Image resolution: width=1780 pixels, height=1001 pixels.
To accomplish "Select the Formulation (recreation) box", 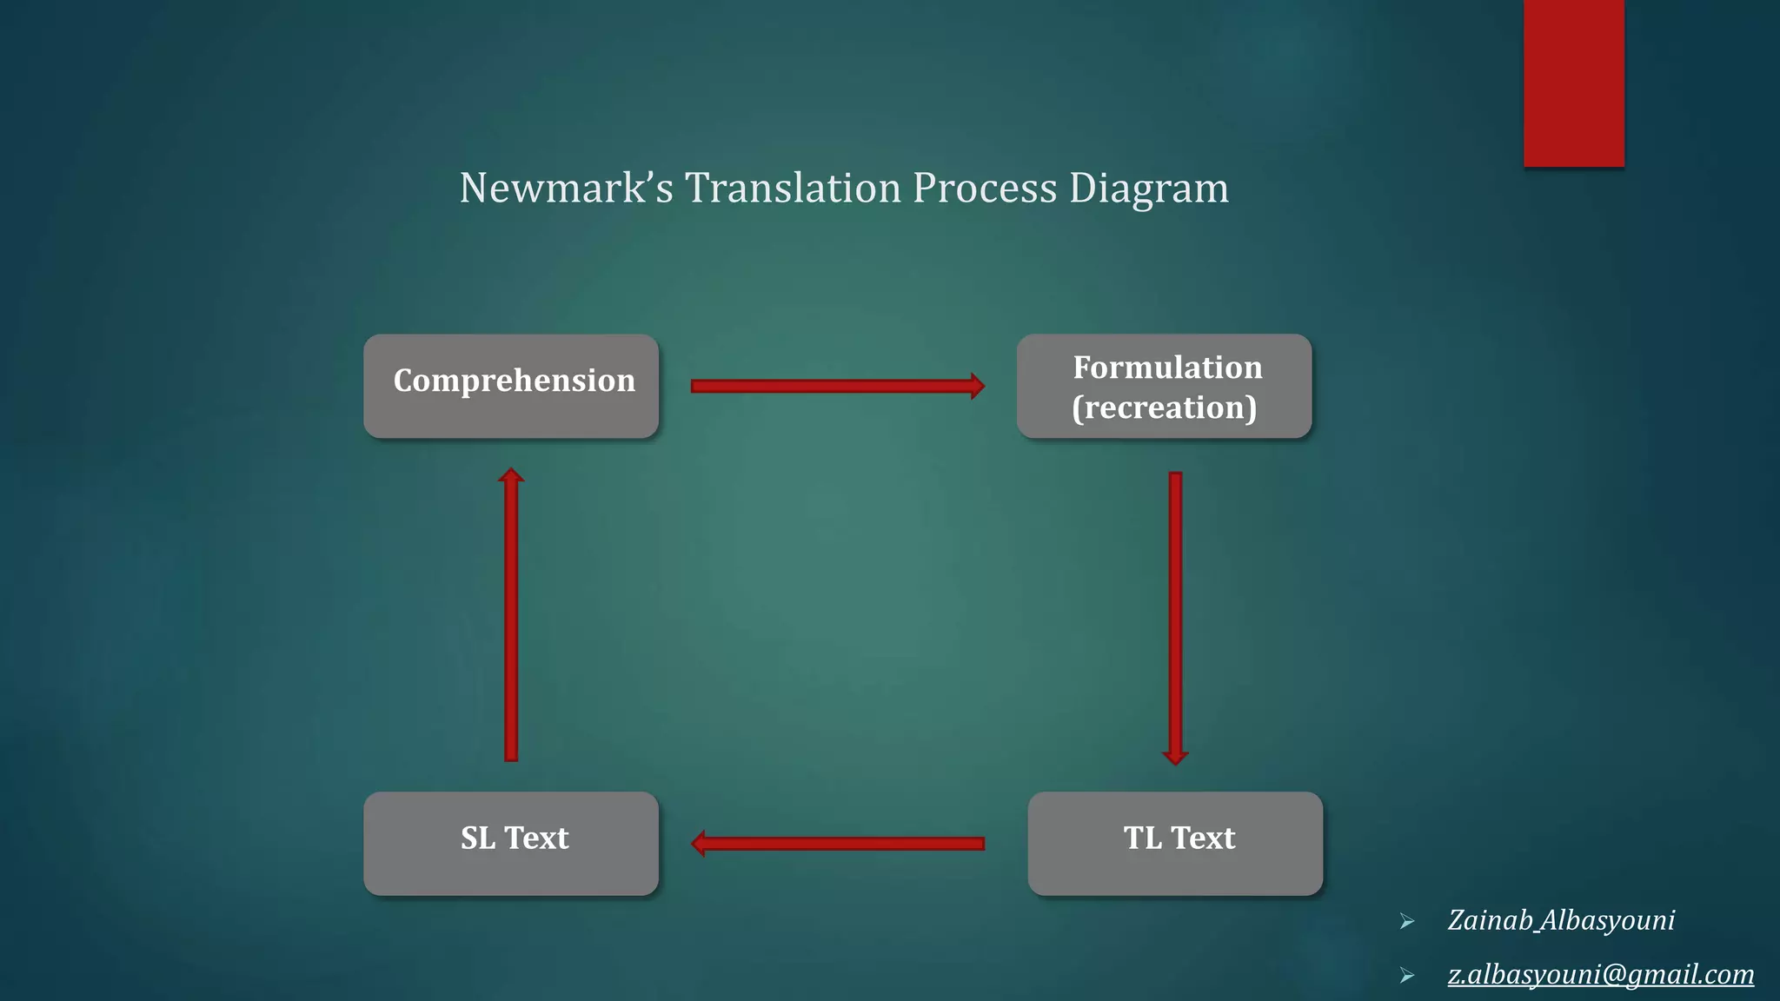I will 1164,386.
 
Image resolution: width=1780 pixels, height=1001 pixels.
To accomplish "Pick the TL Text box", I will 1175,843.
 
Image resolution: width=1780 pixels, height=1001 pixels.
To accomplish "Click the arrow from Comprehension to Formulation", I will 834,386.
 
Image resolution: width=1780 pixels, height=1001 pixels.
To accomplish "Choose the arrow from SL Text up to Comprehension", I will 511,617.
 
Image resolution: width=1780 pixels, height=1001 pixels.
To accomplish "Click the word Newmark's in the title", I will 566,188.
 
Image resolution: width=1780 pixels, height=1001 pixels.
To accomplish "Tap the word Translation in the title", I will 793,188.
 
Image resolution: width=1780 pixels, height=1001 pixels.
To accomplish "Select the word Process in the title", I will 985,188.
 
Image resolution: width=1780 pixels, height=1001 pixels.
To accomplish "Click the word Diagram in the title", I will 1149,188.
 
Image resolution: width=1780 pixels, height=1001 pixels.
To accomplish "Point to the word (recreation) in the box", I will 1164,408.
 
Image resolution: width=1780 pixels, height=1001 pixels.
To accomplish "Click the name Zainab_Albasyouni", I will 1561,920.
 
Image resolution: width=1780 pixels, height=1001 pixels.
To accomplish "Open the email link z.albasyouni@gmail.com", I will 1600,974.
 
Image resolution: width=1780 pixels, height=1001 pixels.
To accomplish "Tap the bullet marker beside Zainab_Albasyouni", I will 1407,922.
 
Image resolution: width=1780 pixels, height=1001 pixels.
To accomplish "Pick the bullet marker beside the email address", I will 1407,976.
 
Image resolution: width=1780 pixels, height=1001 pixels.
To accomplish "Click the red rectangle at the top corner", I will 1573,83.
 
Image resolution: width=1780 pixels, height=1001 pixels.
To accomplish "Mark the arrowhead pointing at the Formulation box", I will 977,386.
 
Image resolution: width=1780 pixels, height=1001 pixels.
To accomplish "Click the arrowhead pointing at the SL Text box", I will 698,843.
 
